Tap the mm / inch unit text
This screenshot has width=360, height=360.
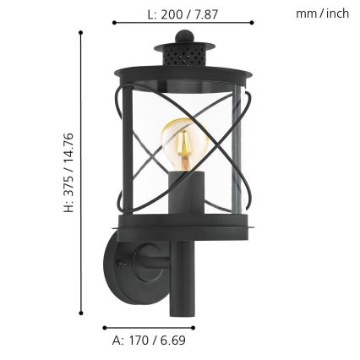click(x=323, y=14)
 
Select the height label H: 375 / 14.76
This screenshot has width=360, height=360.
click(x=69, y=172)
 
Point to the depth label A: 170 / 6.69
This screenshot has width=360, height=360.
click(x=150, y=341)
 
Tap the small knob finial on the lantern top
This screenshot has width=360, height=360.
click(x=183, y=36)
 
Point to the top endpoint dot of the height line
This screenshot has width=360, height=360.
click(x=80, y=32)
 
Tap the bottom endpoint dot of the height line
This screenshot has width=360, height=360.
click(x=80, y=314)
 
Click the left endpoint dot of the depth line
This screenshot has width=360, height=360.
click(x=104, y=326)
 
